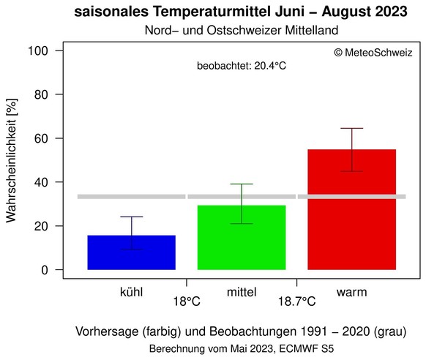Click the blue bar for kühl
131,252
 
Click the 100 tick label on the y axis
40,51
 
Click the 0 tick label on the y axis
45,270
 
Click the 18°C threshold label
187,301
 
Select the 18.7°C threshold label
296,301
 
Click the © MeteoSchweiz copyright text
373,53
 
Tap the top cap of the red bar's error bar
352,129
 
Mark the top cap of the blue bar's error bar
132,217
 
